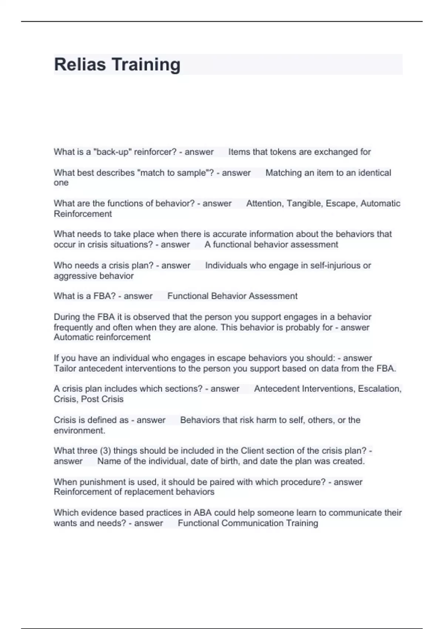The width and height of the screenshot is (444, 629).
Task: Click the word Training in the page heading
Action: (x=146, y=64)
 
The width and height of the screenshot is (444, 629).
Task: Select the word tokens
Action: (x=285, y=152)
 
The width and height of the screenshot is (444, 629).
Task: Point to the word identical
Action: (x=374, y=173)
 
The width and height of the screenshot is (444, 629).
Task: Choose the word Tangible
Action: (x=303, y=203)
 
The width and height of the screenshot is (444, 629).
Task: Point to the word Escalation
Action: (x=380, y=389)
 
